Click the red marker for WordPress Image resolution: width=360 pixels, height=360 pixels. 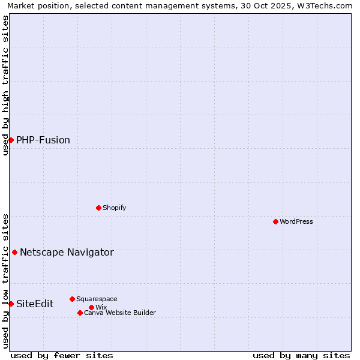[275, 221]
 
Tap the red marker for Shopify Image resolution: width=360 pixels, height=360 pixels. [98, 208]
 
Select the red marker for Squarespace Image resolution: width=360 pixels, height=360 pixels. [72, 299]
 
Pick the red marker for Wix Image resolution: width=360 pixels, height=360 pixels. [91, 307]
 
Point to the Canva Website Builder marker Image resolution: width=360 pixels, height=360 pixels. [80, 313]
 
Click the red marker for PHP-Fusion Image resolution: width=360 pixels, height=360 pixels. [11, 140]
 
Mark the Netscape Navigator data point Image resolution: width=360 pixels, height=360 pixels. [14, 252]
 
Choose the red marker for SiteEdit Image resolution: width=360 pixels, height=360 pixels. [11, 304]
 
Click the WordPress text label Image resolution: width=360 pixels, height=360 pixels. [296, 221]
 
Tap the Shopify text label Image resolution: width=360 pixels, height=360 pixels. [114, 208]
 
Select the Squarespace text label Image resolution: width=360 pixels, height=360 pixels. [97, 299]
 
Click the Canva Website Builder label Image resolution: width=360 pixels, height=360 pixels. [120, 313]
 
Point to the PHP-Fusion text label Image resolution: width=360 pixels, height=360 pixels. [43, 140]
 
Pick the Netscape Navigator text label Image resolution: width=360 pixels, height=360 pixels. [67, 252]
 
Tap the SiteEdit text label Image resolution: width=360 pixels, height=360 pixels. [35, 304]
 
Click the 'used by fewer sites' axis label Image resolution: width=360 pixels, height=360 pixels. [62, 355]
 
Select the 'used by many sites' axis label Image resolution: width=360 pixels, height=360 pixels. [301, 355]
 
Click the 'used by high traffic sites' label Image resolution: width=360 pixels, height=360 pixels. [5, 85]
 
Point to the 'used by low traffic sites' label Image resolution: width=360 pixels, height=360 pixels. [5, 281]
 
